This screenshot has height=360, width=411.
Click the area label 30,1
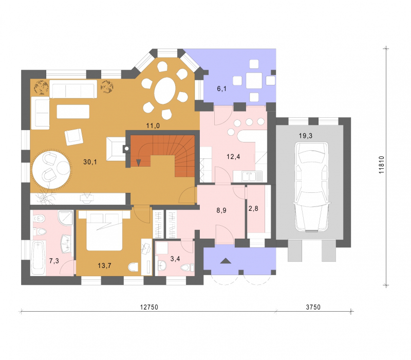click(x=90, y=162)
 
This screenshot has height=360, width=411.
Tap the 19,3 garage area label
click(x=306, y=136)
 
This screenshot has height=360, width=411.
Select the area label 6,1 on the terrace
click(x=222, y=88)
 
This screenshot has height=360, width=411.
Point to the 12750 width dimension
click(x=149, y=307)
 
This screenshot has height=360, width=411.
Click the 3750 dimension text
click(x=313, y=307)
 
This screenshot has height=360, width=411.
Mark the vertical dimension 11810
click(x=381, y=165)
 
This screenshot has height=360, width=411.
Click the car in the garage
click(x=312, y=187)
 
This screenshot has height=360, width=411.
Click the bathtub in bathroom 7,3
click(x=38, y=258)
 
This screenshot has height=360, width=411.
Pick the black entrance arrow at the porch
click(x=226, y=261)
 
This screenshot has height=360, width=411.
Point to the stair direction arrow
click(x=138, y=163)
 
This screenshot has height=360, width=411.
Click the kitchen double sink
click(x=249, y=176)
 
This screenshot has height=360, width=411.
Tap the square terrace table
click(x=254, y=80)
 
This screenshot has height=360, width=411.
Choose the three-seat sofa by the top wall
click(x=73, y=89)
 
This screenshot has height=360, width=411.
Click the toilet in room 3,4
click(x=187, y=268)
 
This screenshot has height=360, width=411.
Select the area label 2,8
click(x=253, y=209)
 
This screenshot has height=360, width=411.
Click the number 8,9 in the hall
click(x=221, y=210)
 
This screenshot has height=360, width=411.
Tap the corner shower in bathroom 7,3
click(x=65, y=218)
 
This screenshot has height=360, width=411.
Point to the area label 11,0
click(x=153, y=125)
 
